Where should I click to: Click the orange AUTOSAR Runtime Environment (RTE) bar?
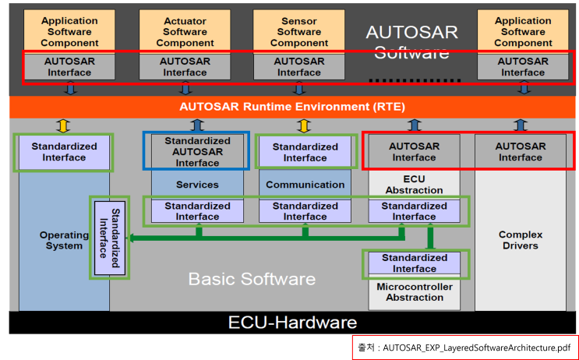292,107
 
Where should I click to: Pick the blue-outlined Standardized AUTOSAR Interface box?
196,152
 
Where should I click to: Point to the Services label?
197,185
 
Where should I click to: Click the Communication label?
305,185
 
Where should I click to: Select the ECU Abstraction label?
414,183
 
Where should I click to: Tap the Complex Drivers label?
520,240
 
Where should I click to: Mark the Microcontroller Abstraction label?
414,292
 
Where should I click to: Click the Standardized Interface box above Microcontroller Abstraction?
414,263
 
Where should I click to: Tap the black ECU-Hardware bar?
292,323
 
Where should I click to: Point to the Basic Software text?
252,279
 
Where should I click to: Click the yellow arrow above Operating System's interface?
64,125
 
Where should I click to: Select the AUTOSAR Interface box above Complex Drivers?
520,152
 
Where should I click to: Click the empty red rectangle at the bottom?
465,348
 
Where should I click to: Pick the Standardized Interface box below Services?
197,211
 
